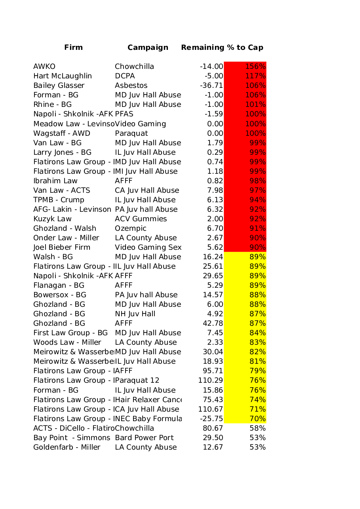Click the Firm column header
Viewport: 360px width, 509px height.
[73, 47]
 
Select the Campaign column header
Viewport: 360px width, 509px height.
[148, 47]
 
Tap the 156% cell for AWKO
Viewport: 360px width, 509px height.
[255, 66]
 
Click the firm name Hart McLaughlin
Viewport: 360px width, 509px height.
[63, 76]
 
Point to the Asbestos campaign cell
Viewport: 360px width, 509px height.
[131, 85]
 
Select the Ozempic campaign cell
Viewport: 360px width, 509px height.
[131, 228]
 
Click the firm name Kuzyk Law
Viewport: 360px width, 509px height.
[52, 219]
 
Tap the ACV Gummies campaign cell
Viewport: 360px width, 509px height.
[141, 219]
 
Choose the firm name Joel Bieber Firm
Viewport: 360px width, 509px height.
[62, 247]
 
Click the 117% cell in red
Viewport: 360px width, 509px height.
[255, 76]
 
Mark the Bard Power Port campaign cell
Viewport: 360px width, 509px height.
[144, 438]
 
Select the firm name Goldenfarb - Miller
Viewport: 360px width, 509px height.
[67, 447]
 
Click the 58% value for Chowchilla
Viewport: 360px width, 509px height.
[257, 428]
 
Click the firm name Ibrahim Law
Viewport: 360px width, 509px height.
[55, 181]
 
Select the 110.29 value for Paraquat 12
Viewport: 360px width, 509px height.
[211, 380]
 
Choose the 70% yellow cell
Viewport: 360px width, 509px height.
[257, 419]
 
